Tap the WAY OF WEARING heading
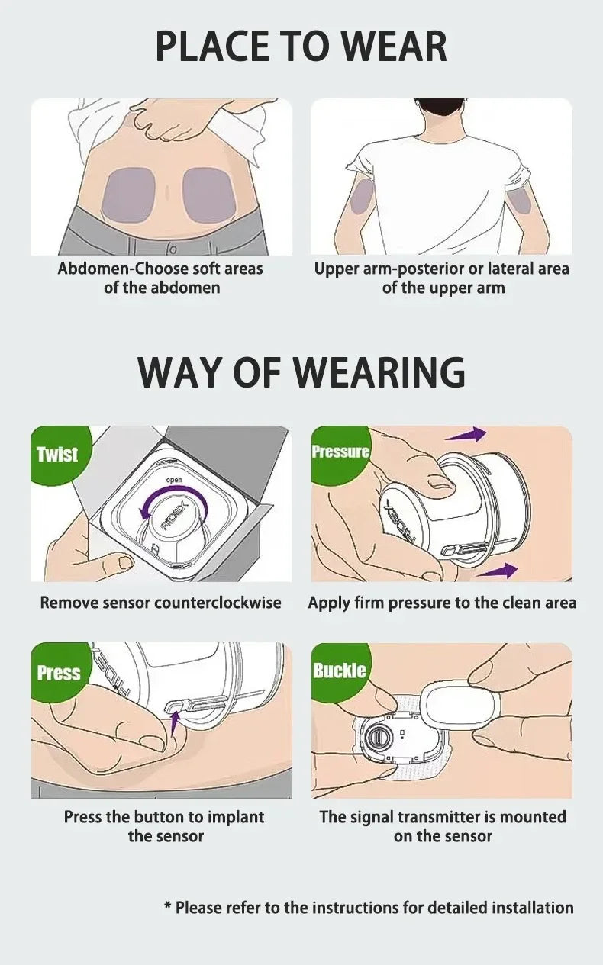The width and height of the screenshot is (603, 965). point(301,372)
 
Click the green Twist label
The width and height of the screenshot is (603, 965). point(57,455)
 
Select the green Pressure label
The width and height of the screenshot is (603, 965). point(340,452)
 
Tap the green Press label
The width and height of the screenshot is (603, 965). point(59,673)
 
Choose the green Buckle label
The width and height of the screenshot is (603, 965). point(340,671)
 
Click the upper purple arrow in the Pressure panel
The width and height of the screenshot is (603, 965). point(466,435)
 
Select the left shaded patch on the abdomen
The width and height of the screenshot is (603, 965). point(128,195)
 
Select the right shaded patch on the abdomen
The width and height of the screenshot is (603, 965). point(207,195)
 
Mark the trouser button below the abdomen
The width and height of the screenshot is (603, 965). point(173,249)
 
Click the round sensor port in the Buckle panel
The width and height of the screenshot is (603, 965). point(376,737)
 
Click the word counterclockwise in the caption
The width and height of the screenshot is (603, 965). point(218,603)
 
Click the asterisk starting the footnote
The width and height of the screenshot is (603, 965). point(168,908)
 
